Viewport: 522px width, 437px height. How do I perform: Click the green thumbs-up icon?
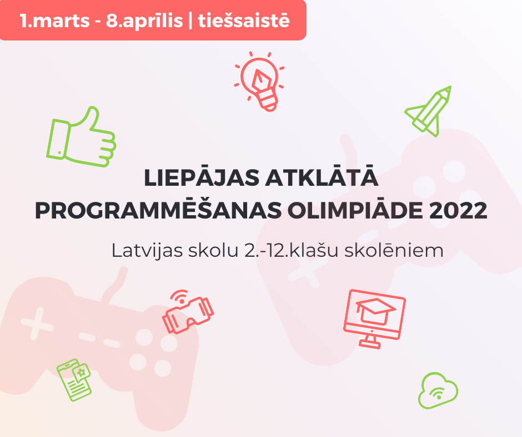point(81,137)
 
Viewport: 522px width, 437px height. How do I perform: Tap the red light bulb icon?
point(259,82)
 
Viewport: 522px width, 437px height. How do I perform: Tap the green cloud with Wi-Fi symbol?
point(438,390)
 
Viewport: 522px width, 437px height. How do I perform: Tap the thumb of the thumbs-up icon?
point(89,117)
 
